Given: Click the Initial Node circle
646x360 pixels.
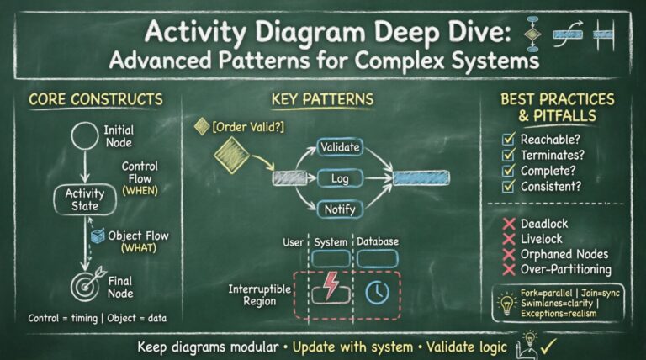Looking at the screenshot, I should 85,135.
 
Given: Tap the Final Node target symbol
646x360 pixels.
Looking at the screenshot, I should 86,284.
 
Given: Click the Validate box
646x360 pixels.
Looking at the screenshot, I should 340,148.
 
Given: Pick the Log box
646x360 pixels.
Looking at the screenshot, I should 340,178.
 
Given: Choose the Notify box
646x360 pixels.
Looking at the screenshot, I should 340,208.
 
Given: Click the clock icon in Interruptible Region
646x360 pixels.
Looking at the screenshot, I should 378,289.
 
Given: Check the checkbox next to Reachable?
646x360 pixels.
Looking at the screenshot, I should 507,138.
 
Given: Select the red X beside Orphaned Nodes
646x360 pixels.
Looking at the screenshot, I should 508,254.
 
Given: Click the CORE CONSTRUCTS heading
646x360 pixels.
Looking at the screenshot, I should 95,99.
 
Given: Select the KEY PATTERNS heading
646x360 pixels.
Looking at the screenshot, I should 322,99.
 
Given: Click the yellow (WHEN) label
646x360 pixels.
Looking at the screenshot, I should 140,190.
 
